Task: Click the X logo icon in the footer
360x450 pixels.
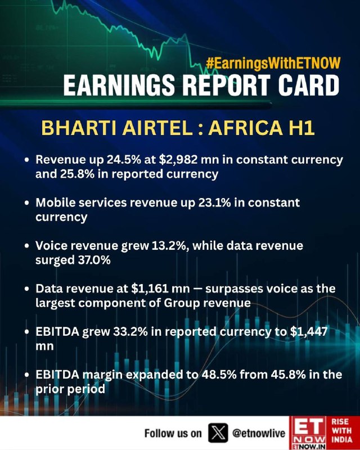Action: (217, 433)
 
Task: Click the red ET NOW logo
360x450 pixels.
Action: (306, 433)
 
